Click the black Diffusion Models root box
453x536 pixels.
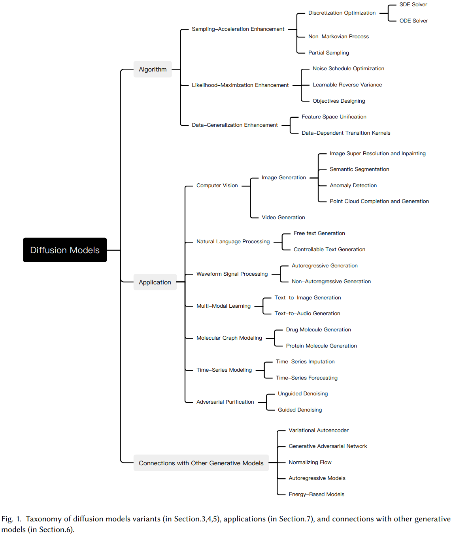click(65, 250)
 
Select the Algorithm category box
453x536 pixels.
click(153, 70)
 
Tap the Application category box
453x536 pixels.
click(155, 282)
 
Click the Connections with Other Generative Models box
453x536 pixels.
click(201, 463)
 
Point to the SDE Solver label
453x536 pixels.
click(413, 5)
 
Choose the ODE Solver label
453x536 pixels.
click(413, 21)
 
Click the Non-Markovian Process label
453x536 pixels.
click(338, 37)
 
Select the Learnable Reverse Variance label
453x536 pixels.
click(347, 85)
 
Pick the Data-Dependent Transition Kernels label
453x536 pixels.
click(346, 133)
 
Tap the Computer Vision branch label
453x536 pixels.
click(217, 186)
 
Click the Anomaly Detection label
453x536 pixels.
click(353, 186)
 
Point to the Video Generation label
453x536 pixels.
click(283, 218)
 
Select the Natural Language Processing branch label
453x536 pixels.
click(233, 242)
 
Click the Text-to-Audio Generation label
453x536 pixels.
click(307, 314)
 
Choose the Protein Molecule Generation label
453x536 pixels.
click(321, 346)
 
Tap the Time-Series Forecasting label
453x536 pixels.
click(306, 378)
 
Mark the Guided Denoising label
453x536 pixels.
click(300, 410)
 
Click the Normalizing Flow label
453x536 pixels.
click(310, 463)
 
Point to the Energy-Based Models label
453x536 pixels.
click(316, 495)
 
